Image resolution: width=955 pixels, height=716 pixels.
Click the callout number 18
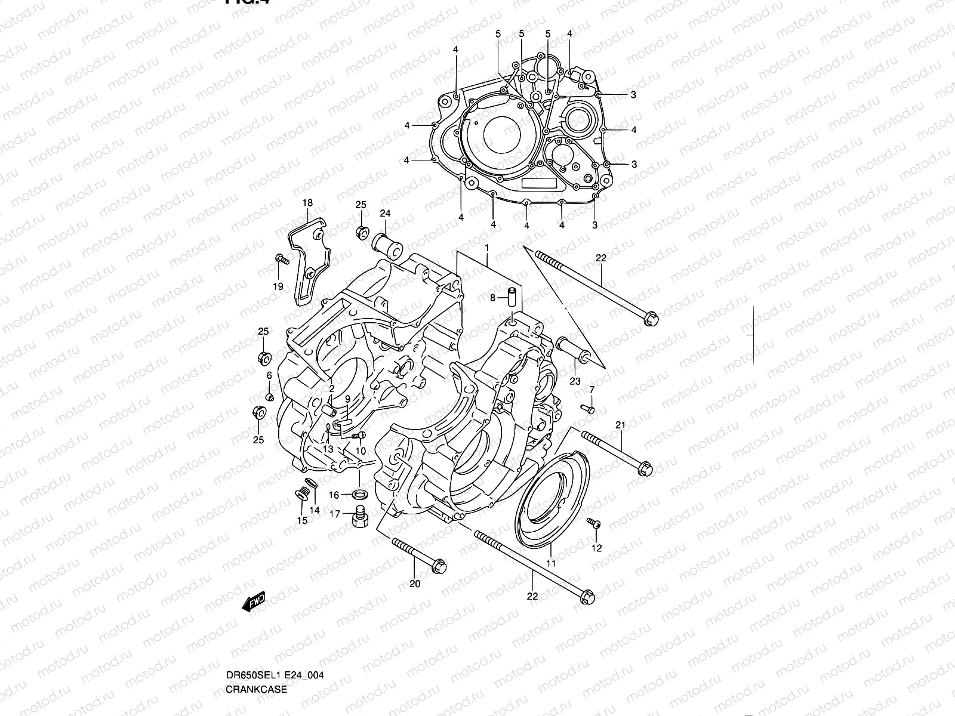click(x=307, y=203)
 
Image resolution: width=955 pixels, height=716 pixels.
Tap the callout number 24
click(x=384, y=214)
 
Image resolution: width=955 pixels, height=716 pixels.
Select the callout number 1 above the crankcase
click(x=487, y=247)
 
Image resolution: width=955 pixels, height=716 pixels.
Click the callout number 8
click(x=493, y=297)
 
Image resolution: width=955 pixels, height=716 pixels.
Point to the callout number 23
click(x=575, y=381)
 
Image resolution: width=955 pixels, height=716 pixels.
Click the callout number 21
click(x=620, y=425)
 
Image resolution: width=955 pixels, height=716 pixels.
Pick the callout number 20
click(x=415, y=584)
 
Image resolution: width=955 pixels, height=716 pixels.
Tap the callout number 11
click(x=551, y=563)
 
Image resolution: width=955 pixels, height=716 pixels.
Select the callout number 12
click(x=597, y=548)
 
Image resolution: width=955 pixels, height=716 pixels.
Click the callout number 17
click(x=335, y=514)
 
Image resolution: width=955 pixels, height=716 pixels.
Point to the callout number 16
click(x=334, y=495)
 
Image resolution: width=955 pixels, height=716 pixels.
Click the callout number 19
click(x=278, y=287)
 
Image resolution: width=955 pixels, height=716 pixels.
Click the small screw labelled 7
click(x=587, y=409)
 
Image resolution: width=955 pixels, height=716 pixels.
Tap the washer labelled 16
click(x=360, y=494)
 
